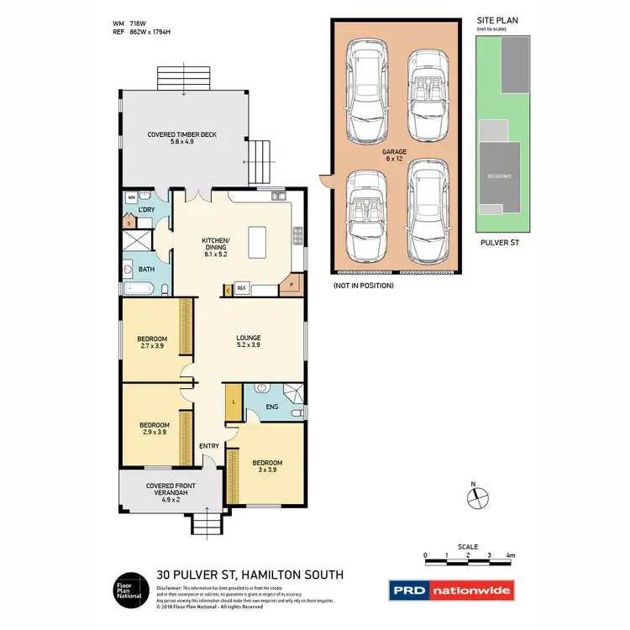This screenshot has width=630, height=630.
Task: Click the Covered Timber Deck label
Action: coord(182,138)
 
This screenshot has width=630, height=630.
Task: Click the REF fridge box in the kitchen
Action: coord(241,289)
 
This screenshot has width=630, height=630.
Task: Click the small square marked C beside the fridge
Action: coord(228,290)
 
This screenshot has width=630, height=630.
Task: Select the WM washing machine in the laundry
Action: coord(131,197)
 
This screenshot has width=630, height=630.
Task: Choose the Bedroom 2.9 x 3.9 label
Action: coord(155,428)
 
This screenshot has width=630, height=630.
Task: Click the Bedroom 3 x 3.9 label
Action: coord(267,466)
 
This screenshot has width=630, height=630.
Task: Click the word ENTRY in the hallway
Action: coord(209,446)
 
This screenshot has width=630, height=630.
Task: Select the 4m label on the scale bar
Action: coord(510,556)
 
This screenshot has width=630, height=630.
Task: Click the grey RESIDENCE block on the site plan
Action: coord(500,176)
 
